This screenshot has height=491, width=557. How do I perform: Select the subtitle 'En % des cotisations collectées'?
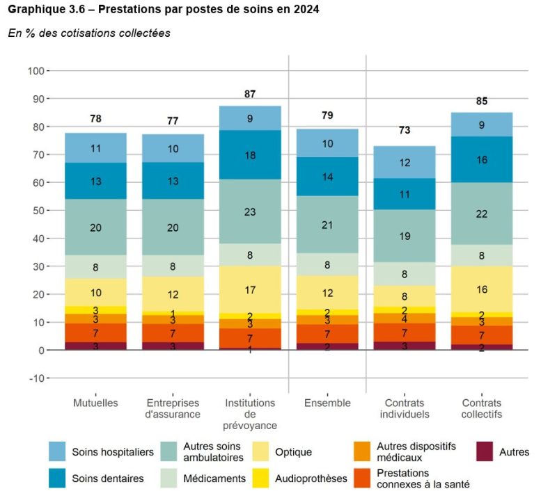88,33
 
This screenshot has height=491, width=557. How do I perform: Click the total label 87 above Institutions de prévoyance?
250,94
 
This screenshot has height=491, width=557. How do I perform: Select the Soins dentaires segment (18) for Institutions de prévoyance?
250,155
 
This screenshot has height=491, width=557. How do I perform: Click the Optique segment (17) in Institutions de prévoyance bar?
250,289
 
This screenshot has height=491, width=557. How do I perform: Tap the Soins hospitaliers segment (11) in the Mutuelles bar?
96,148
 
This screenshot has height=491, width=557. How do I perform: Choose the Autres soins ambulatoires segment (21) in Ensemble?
327,225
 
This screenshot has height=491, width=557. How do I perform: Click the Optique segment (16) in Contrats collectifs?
482,289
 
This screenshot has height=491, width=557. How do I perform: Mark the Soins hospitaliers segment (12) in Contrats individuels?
405,162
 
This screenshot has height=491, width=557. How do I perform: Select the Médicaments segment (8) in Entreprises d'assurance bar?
173,266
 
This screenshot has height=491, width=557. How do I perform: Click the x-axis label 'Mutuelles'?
96,403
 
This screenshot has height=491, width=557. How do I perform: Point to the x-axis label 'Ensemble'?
327,403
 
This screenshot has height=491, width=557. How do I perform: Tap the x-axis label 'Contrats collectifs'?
482,409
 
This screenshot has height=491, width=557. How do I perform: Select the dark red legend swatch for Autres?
485,452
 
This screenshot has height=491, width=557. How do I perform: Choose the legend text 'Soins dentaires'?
108,478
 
